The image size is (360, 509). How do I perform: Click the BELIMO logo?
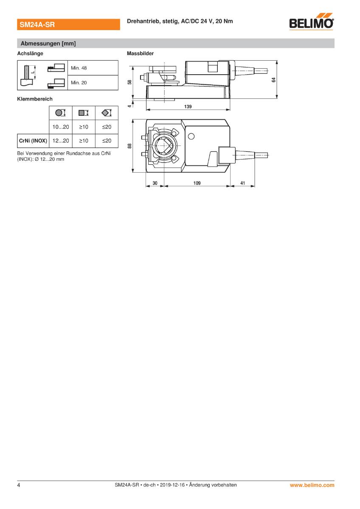click(x=311, y=23)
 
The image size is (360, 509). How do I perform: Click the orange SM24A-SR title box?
click(x=67, y=25)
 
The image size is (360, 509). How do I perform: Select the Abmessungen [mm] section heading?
click(x=48, y=43)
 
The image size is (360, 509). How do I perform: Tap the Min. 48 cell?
click(x=93, y=68)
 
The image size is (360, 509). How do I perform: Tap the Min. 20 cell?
click(x=93, y=83)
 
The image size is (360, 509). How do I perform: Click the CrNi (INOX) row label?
click(x=33, y=140)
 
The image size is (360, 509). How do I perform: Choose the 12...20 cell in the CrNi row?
click(x=61, y=140)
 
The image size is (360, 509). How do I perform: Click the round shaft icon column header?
click(x=61, y=112)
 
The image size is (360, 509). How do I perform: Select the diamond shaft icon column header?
click(x=107, y=112)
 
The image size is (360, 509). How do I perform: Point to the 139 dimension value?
click(x=188, y=107)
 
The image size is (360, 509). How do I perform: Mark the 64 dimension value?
click(x=274, y=79)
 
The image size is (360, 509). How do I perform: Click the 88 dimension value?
click(x=130, y=145)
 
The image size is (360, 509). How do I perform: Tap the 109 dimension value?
click(x=197, y=183)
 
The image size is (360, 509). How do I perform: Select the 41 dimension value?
click(x=242, y=183)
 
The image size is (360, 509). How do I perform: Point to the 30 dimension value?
click(x=155, y=183)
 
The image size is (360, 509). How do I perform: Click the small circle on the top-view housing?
click(x=191, y=136)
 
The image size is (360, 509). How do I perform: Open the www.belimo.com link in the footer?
click(x=312, y=485)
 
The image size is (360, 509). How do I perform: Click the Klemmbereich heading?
click(x=35, y=99)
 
